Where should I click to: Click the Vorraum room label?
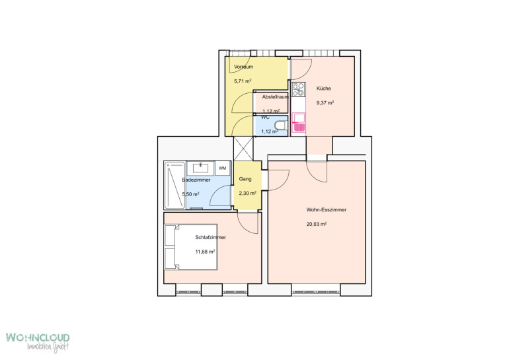pyautogui.click(x=243, y=67)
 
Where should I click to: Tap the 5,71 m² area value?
pyautogui.click(x=243, y=81)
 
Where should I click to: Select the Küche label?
pyautogui.click(x=324, y=89)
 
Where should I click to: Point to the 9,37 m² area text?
pyautogui.click(x=325, y=103)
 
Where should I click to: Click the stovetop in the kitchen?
pyautogui.click(x=298, y=90)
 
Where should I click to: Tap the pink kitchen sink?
pyautogui.click(x=299, y=123)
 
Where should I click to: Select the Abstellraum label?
pyautogui.click(x=275, y=97)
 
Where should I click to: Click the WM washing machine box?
pyautogui.click(x=223, y=168)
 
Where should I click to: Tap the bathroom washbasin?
pyautogui.click(x=201, y=167)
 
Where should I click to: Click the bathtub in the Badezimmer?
pyautogui.click(x=175, y=185)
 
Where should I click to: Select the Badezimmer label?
pyautogui.click(x=196, y=180)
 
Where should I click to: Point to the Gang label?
pyautogui.click(x=245, y=179)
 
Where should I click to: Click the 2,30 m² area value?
pyautogui.click(x=248, y=194)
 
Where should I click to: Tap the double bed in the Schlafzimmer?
pyautogui.click(x=191, y=247)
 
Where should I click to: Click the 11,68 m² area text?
pyautogui.click(x=205, y=252)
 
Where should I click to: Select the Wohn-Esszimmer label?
pyautogui.click(x=327, y=210)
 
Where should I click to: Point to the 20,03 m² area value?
pyautogui.click(x=317, y=224)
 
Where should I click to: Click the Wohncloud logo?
pyautogui.click(x=38, y=342)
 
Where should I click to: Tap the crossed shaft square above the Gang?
pyautogui.click(x=243, y=149)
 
